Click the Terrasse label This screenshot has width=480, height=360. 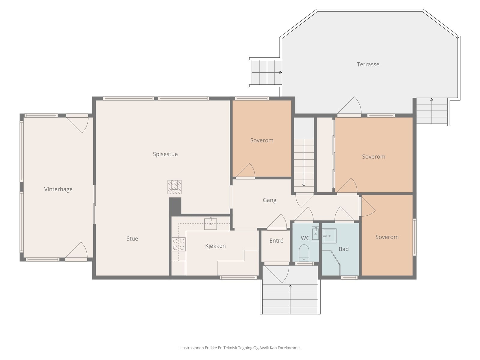[368, 64]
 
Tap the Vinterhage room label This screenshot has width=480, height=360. [58, 189]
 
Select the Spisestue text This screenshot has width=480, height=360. [165, 154]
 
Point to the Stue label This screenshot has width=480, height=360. [132, 238]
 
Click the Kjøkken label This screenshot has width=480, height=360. [215, 246]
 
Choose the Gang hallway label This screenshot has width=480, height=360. [270, 200]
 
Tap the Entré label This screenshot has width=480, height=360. [276, 241]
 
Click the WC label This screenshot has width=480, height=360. [305, 238]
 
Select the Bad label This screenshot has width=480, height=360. [343, 249]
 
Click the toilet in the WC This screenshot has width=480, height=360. [304, 253]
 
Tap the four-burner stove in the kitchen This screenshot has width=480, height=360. [179, 244]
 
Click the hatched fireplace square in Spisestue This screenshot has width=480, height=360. [175, 187]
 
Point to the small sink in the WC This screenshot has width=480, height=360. [315, 233]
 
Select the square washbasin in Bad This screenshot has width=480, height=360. [329, 236]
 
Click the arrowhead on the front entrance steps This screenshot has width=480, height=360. [290, 286]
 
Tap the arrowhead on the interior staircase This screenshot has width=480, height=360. [304, 185]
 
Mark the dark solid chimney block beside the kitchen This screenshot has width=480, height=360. [175, 206]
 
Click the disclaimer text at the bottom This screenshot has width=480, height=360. [240, 348]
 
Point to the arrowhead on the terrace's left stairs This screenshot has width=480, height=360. [280, 72]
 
